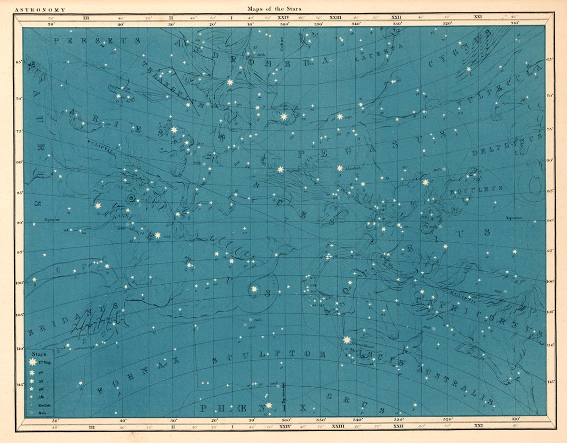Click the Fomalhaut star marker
pos(347,340)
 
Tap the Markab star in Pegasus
pos(340,168)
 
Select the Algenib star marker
pos(280,169)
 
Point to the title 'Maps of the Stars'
pos(274,8)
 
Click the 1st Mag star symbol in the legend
pos(32,362)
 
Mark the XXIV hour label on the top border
pos(283,18)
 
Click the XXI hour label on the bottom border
pos(478,426)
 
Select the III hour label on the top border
pos(86,18)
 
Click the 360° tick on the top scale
pos(284,23)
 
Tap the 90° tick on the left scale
pos(19,222)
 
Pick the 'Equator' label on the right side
pos(514,218)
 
